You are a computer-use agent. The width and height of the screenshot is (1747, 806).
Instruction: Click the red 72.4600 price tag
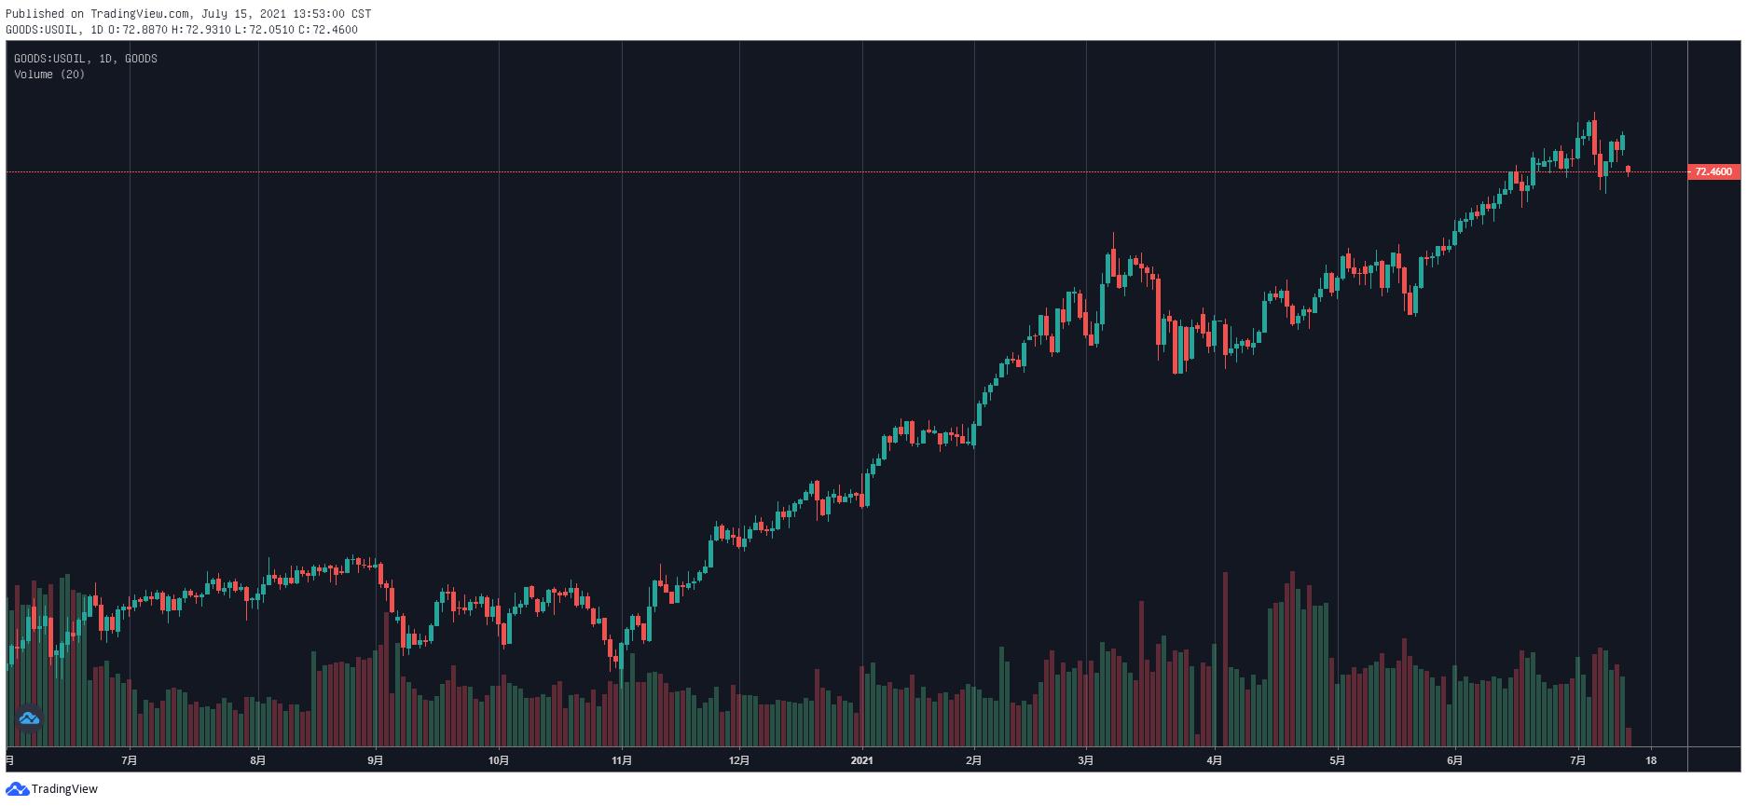tap(1713, 171)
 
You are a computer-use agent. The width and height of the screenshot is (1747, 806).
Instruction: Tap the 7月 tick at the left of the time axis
tap(130, 760)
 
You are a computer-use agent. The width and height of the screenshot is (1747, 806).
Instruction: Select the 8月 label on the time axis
tap(258, 760)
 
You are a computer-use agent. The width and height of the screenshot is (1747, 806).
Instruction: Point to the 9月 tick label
tap(375, 760)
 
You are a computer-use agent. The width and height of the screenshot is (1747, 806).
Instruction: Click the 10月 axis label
tap(499, 760)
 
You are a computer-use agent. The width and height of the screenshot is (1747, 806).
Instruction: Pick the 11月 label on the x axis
tap(622, 760)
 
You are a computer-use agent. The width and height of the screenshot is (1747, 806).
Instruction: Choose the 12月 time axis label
tap(739, 760)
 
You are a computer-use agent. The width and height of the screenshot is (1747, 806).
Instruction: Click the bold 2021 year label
tap(862, 760)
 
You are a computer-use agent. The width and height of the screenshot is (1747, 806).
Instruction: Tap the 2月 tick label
tap(973, 760)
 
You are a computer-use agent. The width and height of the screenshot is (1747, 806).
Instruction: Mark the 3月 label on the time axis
tap(1086, 760)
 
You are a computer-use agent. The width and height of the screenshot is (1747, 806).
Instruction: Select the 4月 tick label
tap(1214, 760)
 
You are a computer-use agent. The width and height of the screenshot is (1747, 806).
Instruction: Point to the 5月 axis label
tap(1337, 760)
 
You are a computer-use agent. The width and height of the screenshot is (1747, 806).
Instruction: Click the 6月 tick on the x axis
tap(1455, 760)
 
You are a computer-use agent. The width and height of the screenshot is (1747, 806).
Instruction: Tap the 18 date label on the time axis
tap(1651, 760)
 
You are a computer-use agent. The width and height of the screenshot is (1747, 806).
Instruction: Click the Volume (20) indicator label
tap(49, 75)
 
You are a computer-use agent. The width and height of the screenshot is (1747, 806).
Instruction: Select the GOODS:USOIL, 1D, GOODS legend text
tap(86, 59)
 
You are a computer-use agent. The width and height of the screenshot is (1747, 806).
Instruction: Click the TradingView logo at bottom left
tap(52, 789)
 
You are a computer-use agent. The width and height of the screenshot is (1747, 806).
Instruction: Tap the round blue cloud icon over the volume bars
tap(29, 718)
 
